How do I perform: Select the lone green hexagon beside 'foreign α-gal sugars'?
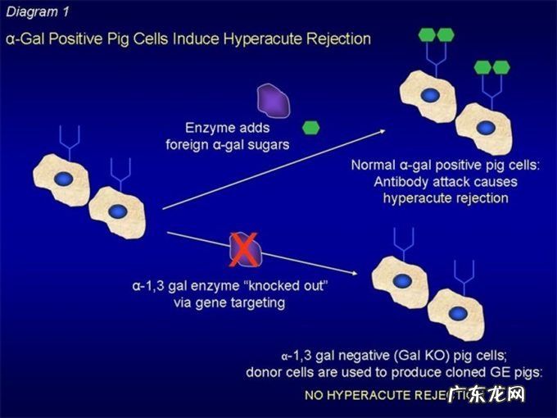311,128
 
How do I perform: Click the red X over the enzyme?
243,249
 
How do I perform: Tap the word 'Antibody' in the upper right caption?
410,181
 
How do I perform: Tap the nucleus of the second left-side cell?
119,211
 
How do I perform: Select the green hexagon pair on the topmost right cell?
436,34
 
